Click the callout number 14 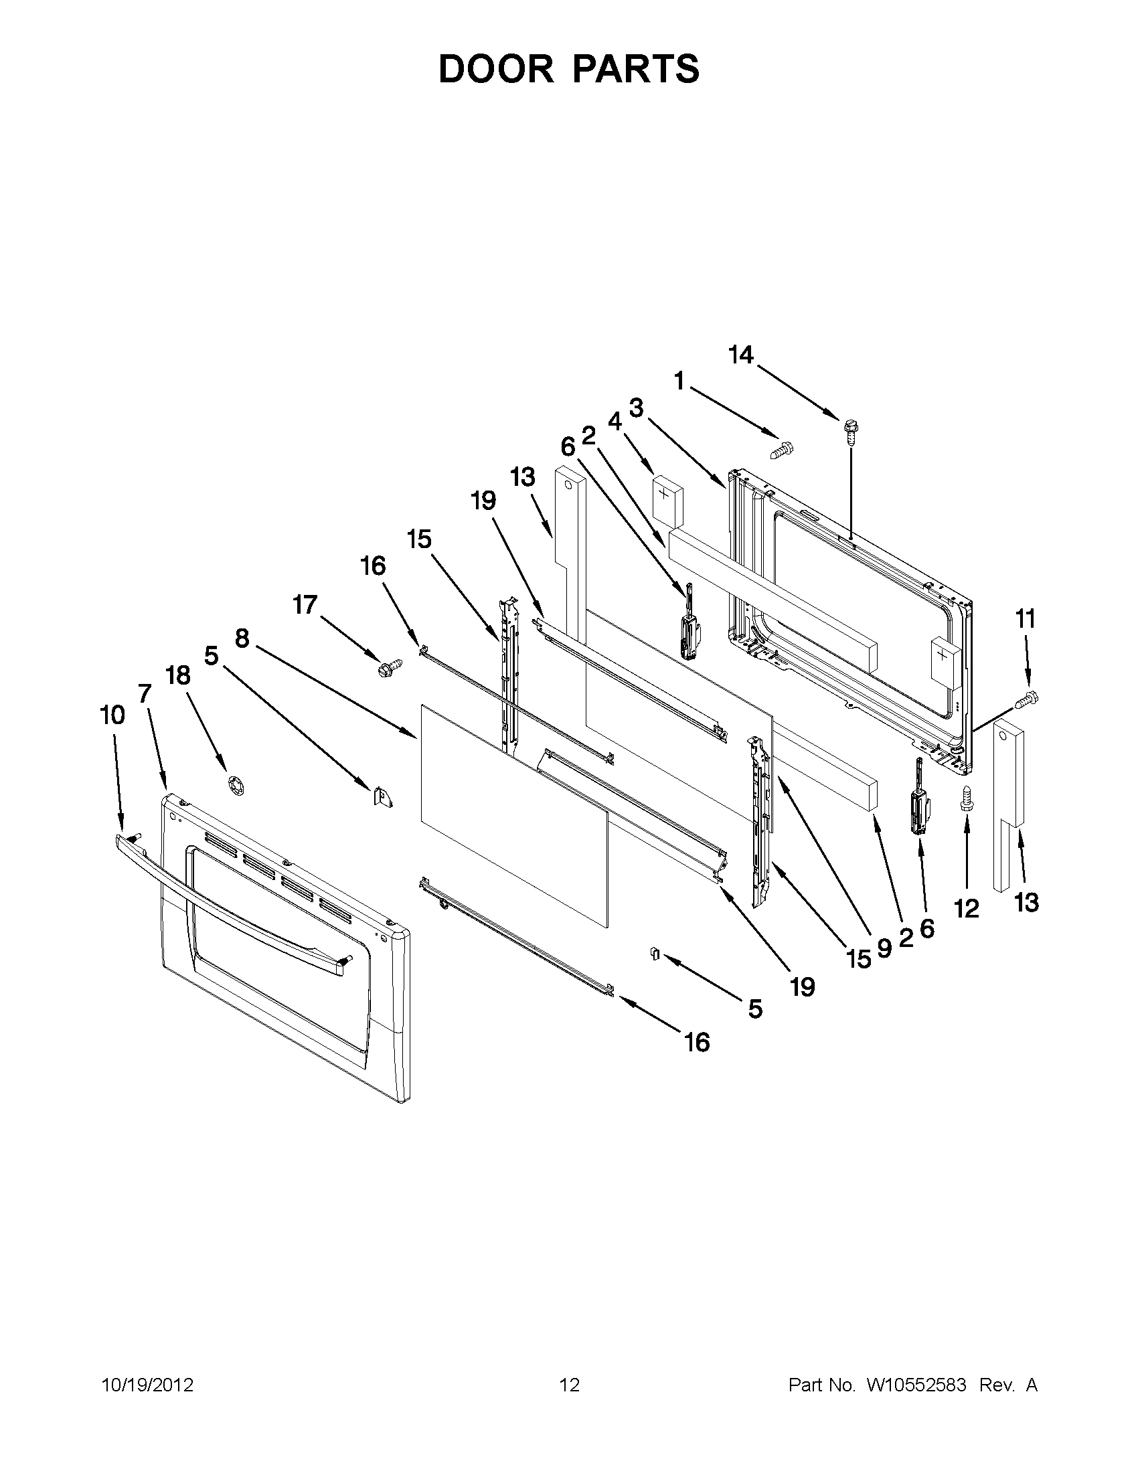[x=740, y=355]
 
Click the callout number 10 [x=112, y=715]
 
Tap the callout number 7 [x=145, y=693]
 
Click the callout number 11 [x=1026, y=618]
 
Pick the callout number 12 [x=967, y=909]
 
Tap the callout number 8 [x=242, y=637]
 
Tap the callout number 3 [x=636, y=408]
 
